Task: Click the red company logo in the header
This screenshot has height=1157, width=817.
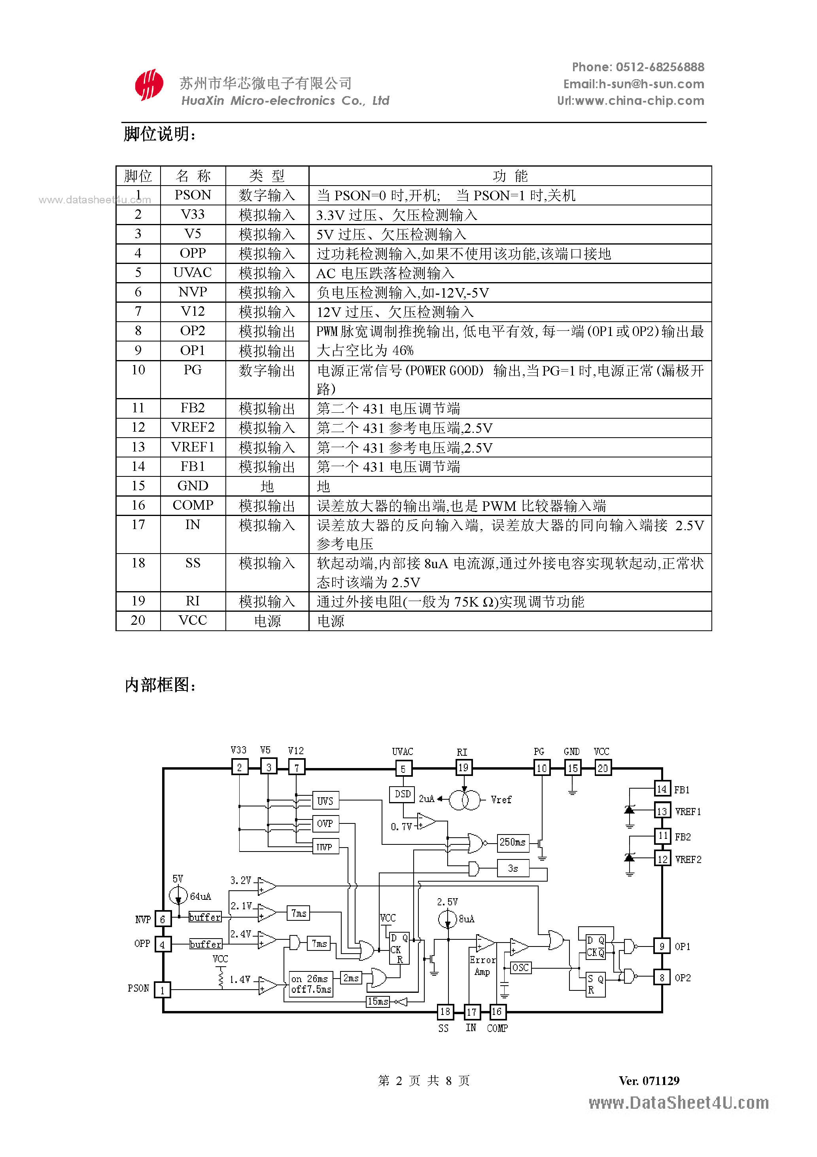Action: (x=149, y=85)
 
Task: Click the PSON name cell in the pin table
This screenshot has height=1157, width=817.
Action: (x=193, y=195)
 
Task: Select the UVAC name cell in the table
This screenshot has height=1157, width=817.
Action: (x=193, y=273)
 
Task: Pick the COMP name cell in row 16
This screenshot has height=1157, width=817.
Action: (x=193, y=505)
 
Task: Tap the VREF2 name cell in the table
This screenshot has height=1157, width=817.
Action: (x=193, y=427)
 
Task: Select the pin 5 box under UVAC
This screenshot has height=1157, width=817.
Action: (x=403, y=768)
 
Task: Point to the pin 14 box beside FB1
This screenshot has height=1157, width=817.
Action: (x=661, y=789)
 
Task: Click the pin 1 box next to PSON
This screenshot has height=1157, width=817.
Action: (x=162, y=990)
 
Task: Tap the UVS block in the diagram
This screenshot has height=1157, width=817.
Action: (x=325, y=801)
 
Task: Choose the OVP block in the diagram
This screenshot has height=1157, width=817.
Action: (x=325, y=823)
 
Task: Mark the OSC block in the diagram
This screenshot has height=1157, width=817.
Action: (x=520, y=967)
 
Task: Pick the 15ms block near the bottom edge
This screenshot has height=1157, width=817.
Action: (x=377, y=1001)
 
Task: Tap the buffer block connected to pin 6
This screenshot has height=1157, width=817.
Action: (x=205, y=917)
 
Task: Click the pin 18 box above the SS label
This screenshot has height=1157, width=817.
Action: (x=445, y=1011)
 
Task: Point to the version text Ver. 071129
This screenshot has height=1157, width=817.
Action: (x=649, y=1080)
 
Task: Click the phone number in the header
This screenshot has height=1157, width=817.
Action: (x=638, y=67)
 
